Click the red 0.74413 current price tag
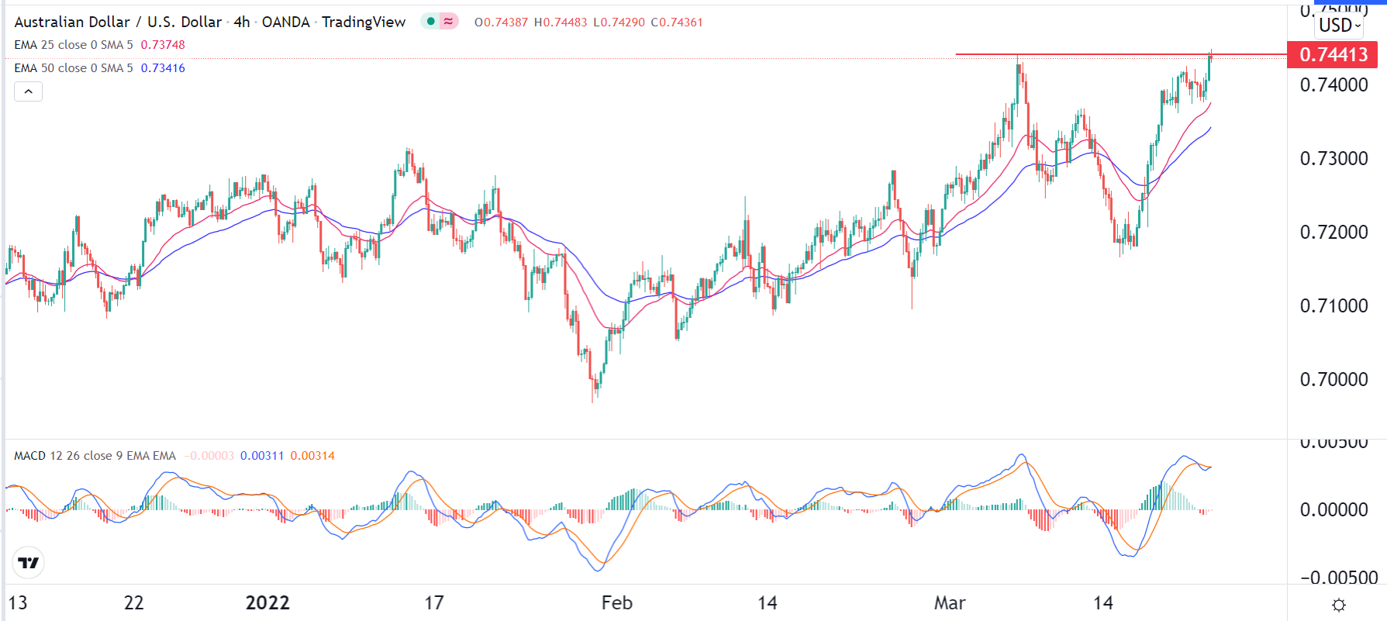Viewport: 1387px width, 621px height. pyautogui.click(x=1333, y=54)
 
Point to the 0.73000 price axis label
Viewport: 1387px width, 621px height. pyautogui.click(x=1334, y=158)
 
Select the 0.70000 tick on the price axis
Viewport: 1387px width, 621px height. pyautogui.click(x=1334, y=379)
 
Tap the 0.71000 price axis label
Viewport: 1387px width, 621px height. pyautogui.click(x=1334, y=305)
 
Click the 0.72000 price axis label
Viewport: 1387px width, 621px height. pyautogui.click(x=1334, y=232)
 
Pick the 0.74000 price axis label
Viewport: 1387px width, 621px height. pyautogui.click(x=1334, y=85)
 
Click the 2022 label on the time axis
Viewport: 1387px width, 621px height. pyautogui.click(x=267, y=602)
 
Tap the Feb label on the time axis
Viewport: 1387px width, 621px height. pyautogui.click(x=616, y=602)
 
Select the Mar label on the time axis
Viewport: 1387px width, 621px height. pyautogui.click(x=950, y=602)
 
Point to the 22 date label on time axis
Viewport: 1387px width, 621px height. pyautogui.click(x=133, y=602)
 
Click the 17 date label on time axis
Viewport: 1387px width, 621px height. pyautogui.click(x=434, y=602)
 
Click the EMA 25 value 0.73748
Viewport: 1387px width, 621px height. pyautogui.click(x=163, y=45)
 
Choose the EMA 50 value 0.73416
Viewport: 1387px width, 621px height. pyautogui.click(x=163, y=68)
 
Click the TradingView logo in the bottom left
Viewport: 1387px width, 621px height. pyautogui.click(x=29, y=563)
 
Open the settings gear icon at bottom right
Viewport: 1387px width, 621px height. pyautogui.click(x=1338, y=605)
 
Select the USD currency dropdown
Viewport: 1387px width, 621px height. pyautogui.click(x=1339, y=25)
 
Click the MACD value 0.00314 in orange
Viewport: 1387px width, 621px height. pyautogui.click(x=312, y=456)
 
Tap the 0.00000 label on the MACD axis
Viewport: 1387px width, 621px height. pyautogui.click(x=1334, y=509)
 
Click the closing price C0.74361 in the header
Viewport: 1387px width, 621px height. pyautogui.click(x=677, y=22)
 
